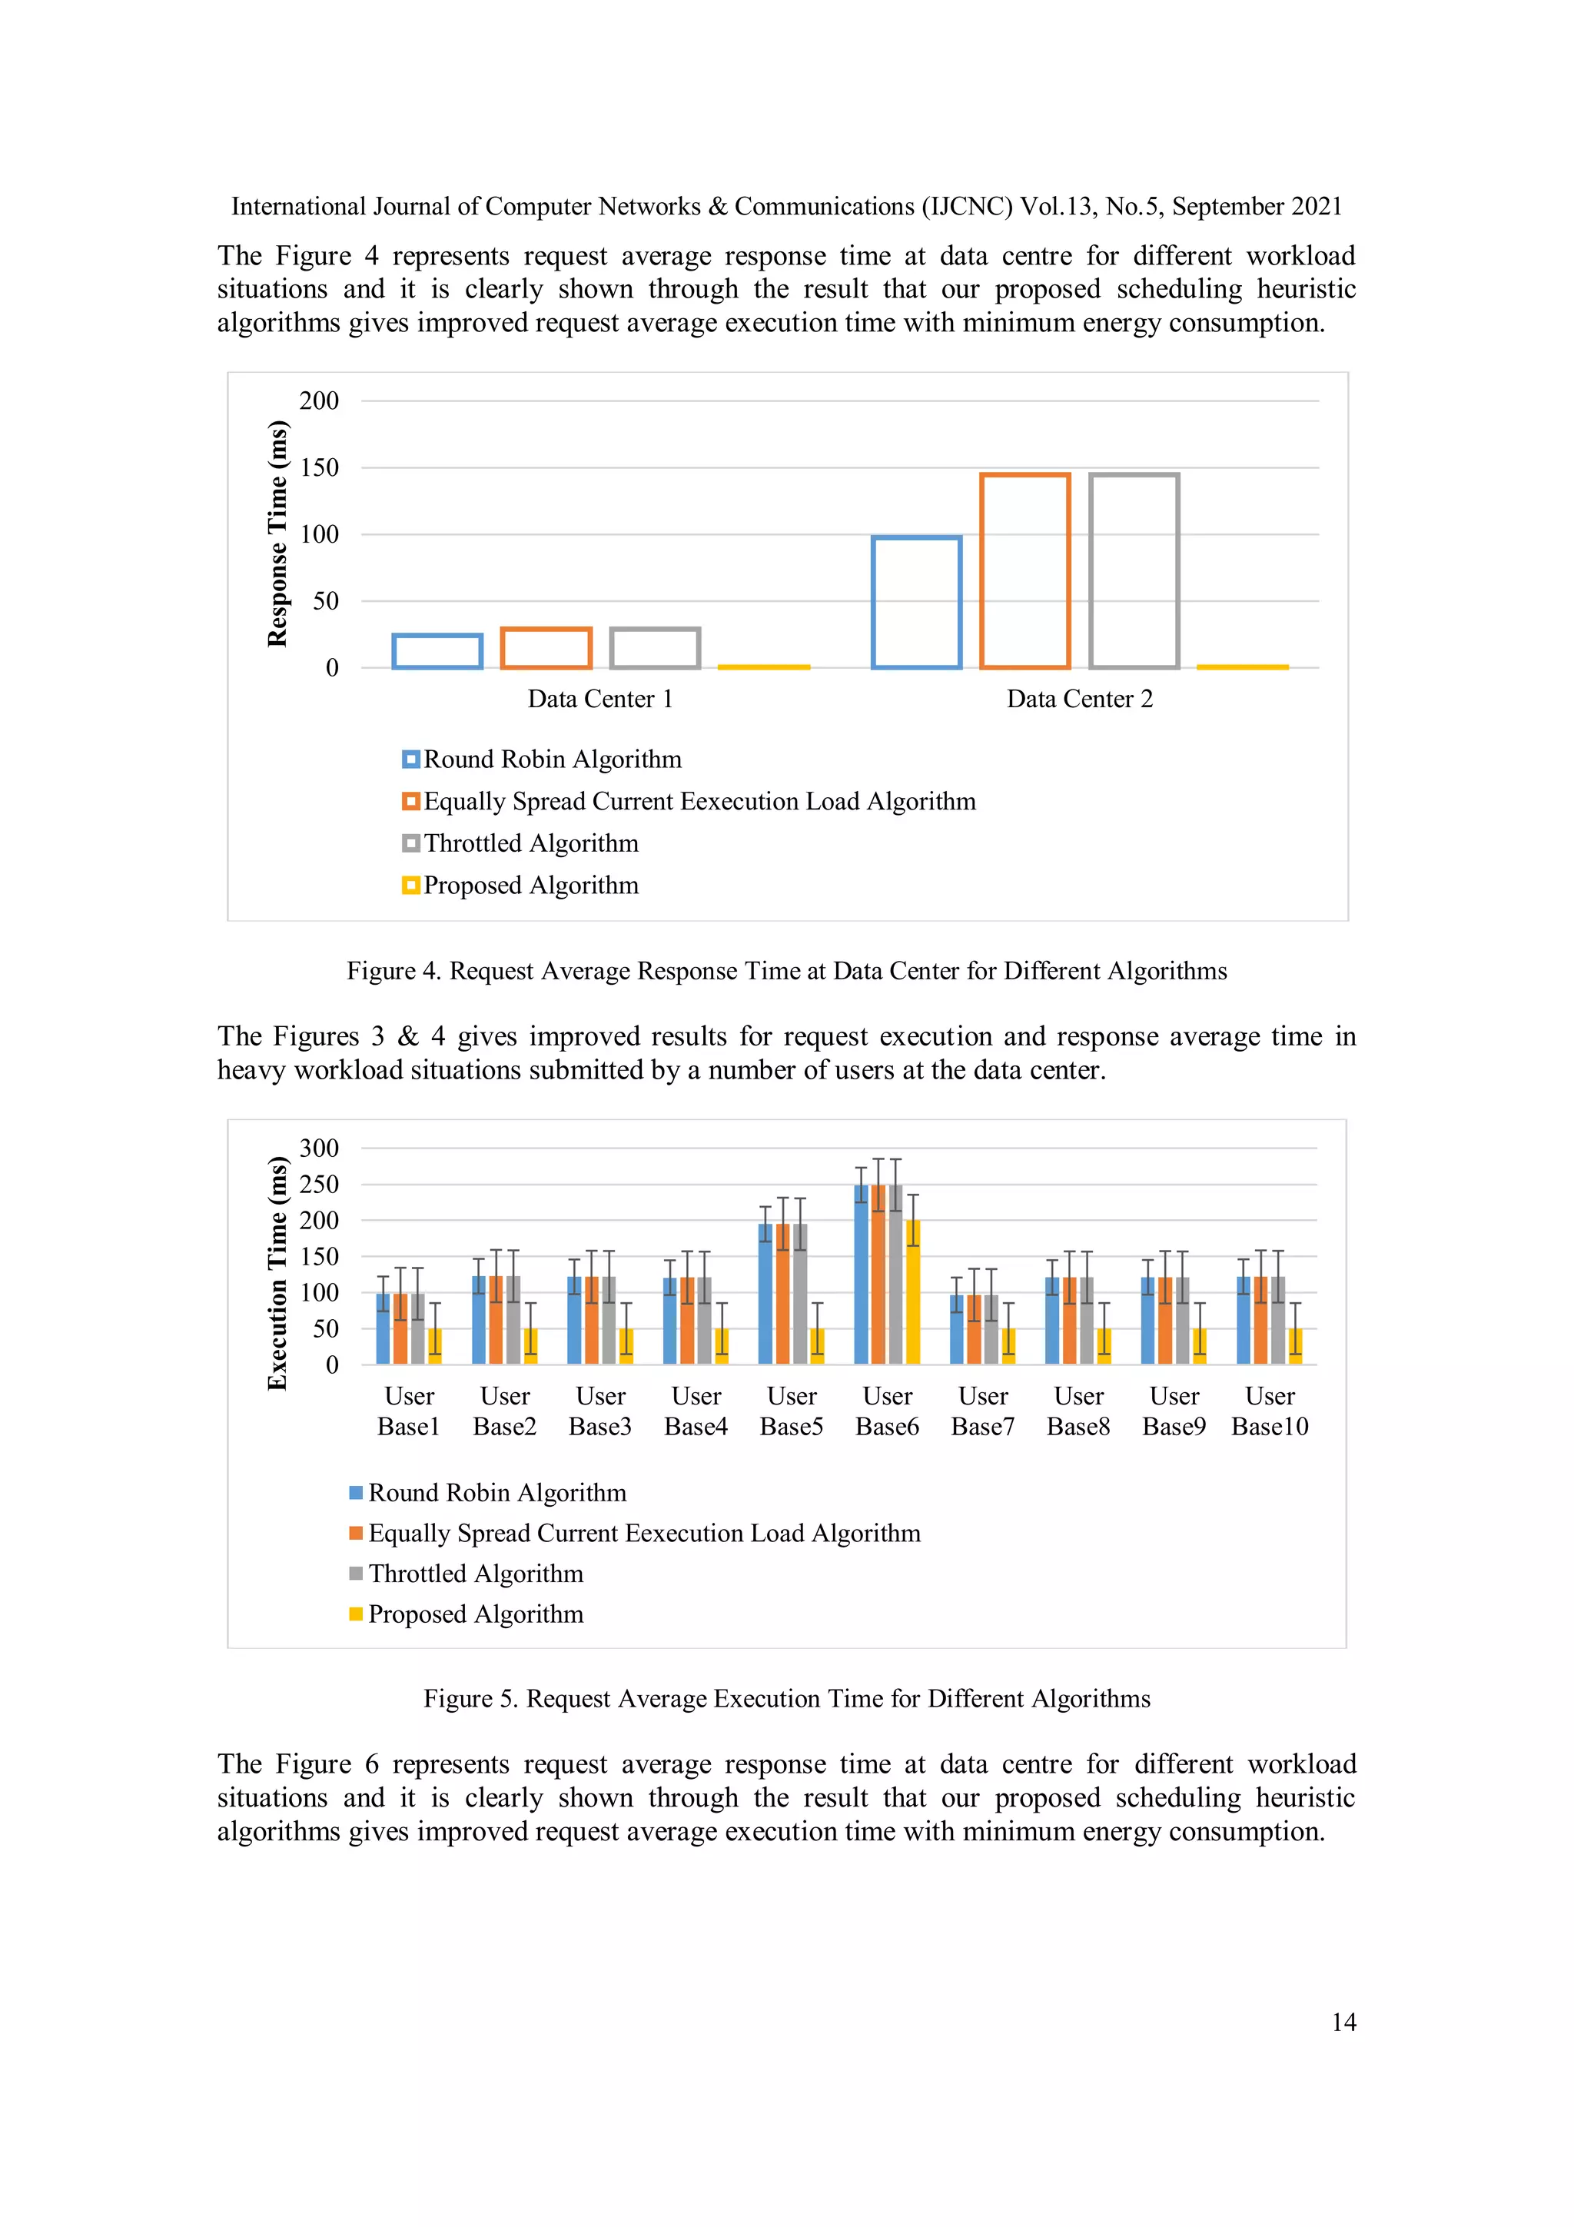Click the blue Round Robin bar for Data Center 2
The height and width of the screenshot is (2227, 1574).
915,603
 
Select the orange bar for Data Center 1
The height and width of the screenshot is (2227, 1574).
546,648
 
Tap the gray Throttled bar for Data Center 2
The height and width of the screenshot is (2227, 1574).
1134,571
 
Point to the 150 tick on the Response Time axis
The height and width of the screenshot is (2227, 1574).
319,468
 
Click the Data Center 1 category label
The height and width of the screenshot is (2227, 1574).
599,700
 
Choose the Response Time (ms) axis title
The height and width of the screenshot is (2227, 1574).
277,533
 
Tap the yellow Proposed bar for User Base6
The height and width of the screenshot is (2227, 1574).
912,1292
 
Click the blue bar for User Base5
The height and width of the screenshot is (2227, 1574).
765,1294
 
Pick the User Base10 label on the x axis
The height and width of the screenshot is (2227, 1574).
1270,1411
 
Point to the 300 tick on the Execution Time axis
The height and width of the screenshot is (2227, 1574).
319,1148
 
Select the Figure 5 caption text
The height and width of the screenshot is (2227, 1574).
786,1700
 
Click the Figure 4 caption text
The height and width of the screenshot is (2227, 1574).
786,972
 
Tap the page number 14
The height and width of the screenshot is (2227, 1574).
1343,2023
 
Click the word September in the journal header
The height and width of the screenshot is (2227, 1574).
1229,207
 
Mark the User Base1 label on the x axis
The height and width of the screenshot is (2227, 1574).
408,1411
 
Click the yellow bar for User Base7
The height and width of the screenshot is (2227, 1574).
1008,1346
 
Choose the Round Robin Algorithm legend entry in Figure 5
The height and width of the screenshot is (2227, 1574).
496,1493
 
